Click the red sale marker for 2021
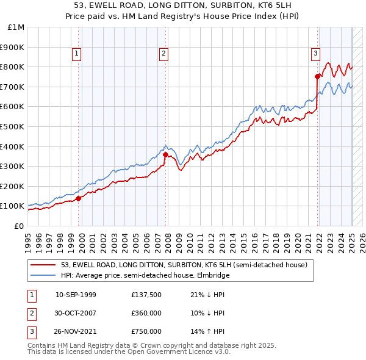coord(317,76)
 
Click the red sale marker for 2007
coord(165,154)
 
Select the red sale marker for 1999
coord(78,198)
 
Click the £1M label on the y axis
coord(16,27)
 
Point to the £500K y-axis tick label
coord(13,126)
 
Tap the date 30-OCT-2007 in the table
coord(76,313)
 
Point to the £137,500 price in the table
coord(146,295)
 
